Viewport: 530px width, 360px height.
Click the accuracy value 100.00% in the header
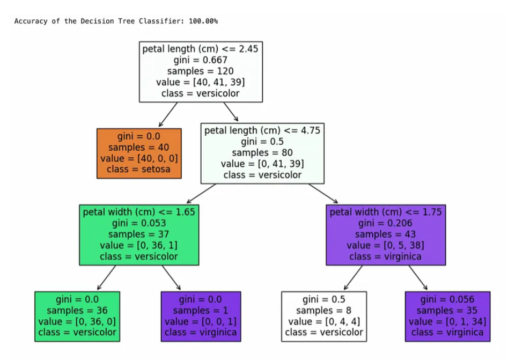(203, 21)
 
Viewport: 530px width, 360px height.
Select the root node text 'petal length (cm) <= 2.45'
(201, 49)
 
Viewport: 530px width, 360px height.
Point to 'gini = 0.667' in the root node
(201, 60)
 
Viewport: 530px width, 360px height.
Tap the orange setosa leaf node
(139, 153)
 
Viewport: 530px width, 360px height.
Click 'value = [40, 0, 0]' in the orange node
(139, 158)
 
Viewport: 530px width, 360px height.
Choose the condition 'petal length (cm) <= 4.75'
(262, 130)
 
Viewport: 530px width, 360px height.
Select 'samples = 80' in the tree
(262, 152)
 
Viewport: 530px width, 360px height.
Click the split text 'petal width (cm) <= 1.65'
(139, 212)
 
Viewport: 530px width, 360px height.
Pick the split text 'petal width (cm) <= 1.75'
(386, 212)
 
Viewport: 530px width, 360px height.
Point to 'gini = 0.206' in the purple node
(385, 223)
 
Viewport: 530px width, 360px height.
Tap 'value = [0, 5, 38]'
(385, 245)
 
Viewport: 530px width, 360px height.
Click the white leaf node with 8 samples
(324, 317)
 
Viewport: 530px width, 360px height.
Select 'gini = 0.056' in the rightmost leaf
(447, 299)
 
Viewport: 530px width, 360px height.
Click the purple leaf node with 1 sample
(201, 317)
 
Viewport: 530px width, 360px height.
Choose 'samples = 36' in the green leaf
(77, 310)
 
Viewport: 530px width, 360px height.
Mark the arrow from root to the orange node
(168, 115)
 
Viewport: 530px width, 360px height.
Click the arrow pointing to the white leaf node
(353, 278)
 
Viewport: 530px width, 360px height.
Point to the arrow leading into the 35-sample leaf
(418, 278)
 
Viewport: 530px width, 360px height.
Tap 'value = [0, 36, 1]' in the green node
(138, 245)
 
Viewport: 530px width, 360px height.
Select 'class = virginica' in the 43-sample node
(385, 256)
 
